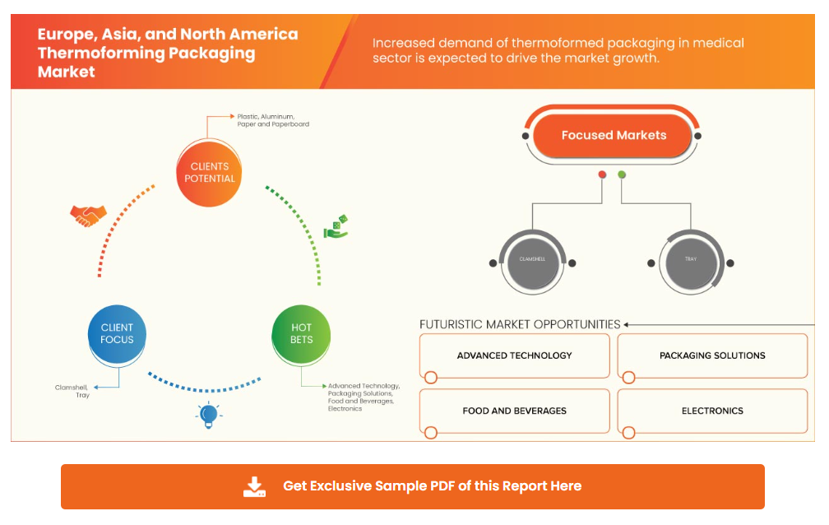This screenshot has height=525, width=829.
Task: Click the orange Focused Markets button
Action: (x=614, y=136)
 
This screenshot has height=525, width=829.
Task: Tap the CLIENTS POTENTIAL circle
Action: (x=210, y=172)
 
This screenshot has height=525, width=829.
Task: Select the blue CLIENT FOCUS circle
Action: (x=117, y=333)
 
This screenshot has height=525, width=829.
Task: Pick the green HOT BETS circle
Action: (x=301, y=333)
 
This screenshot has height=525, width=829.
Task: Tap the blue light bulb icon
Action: (x=208, y=413)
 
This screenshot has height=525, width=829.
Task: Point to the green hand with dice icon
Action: (x=336, y=227)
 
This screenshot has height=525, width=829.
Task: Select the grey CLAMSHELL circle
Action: (x=532, y=260)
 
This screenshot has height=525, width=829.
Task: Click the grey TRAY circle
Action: (x=691, y=260)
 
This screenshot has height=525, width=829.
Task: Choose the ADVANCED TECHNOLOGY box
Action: (x=514, y=355)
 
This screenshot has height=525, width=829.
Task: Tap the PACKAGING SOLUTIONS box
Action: (x=712, y=355)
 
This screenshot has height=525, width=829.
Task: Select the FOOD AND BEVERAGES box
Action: (x=514, y=411)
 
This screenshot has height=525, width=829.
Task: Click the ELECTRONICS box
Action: (x=712, y=411)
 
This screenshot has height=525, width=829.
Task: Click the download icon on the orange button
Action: (x=255, y=486)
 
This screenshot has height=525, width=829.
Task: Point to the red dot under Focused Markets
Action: (x=602, y=174)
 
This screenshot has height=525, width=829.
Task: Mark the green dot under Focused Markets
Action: (x=622, y=174)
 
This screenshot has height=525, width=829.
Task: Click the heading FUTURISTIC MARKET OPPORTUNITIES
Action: (x=520, y=324)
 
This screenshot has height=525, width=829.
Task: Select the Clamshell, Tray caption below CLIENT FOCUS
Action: (x=72, y=391)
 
